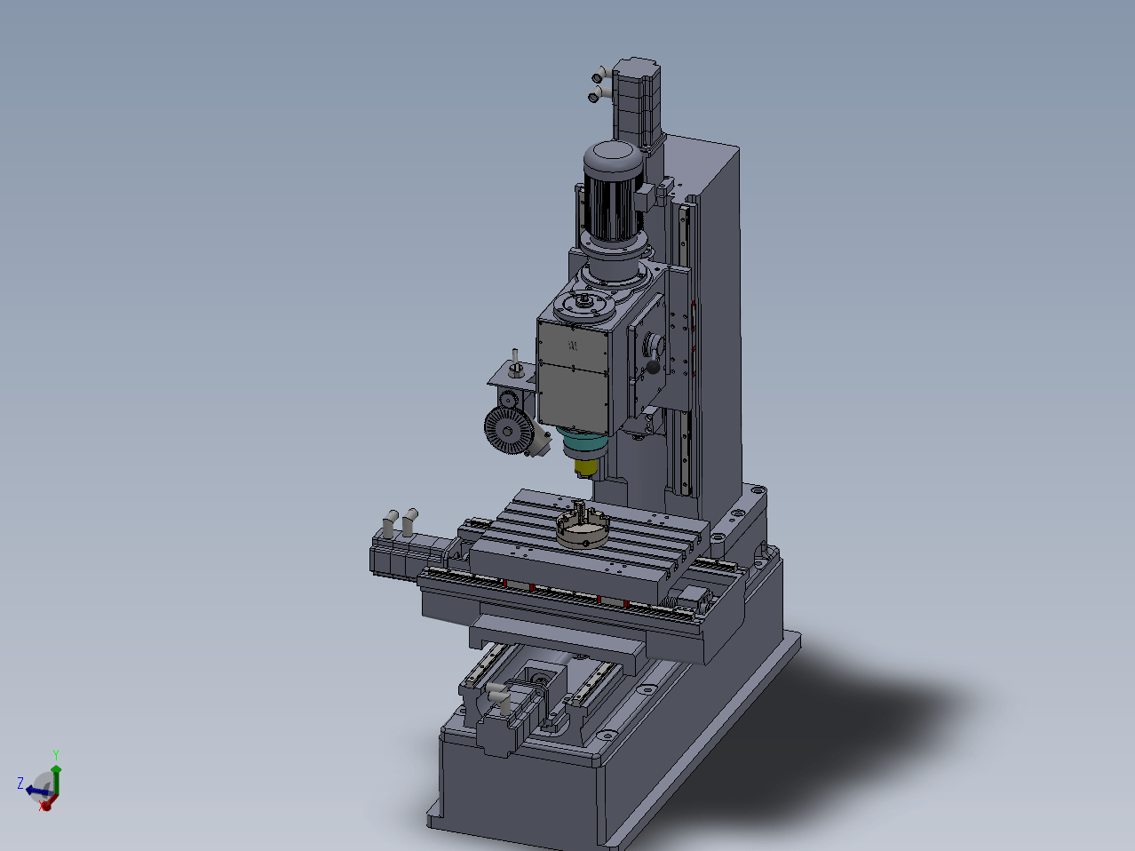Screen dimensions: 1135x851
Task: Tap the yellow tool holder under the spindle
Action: [x=585, y=467]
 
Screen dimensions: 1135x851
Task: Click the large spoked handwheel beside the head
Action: [x=509, y=430]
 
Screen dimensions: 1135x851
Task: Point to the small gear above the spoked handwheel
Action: [x=509, y=399]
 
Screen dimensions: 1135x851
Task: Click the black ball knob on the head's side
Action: [x=653, y=367]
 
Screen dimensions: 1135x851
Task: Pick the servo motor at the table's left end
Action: [x=411, y=554]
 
